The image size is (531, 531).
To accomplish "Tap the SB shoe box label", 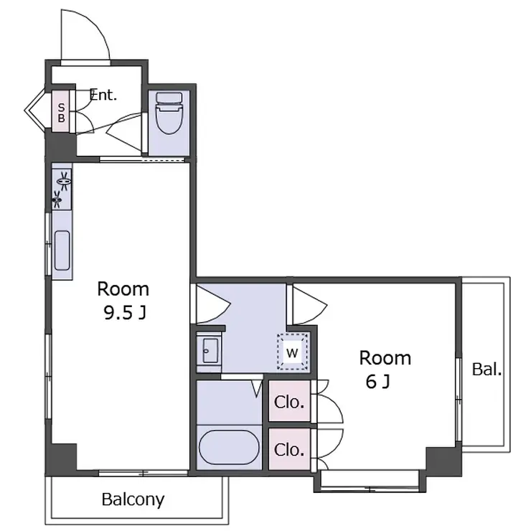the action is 61,113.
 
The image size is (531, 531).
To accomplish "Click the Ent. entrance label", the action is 103,95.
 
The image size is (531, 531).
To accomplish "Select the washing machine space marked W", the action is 293,352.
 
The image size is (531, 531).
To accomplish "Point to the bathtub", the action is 229,447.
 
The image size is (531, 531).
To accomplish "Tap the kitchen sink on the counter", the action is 62,250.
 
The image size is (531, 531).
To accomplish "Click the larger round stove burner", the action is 63,181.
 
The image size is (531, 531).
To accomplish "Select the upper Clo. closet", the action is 290,401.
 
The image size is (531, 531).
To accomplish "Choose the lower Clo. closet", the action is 290,449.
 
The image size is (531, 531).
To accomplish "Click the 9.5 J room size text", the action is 125,314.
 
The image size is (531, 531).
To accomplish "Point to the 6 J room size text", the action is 378,382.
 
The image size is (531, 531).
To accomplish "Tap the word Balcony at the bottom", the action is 133,499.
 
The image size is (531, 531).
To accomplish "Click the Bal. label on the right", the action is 487,369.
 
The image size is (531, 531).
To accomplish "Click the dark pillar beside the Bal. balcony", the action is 443,461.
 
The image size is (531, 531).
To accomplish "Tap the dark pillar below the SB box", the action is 60,146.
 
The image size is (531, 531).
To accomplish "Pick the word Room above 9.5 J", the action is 123,289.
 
